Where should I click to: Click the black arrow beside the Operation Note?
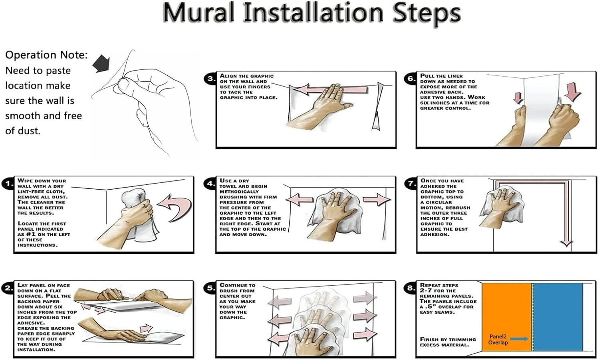(101, 63)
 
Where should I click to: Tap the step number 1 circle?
(8, 184)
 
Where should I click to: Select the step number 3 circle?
(210, 79)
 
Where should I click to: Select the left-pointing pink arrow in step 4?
(299, 200)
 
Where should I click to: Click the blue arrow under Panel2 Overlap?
(519, 339)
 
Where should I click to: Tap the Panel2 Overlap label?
(498, 340)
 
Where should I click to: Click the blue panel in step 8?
(558, 317)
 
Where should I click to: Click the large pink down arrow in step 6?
(574, 92)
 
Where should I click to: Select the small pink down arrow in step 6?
(518, 98)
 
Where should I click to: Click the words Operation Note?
(46, 55)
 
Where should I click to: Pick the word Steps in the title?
(426, 13)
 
